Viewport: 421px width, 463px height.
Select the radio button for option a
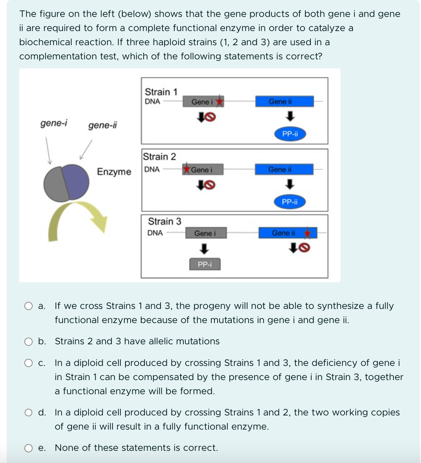tap(28, 306)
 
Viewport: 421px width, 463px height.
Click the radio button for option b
tap(28, 342)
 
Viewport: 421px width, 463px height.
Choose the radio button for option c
tap(28, 363)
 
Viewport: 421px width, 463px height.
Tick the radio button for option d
tap(28, 413)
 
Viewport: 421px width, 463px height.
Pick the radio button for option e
tap(28, 448)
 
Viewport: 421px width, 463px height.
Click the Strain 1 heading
tap(161, 92)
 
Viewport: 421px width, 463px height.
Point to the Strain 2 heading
tap(159, 156)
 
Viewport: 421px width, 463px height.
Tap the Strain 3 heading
tap(164, 221)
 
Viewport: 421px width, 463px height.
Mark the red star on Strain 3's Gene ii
tap(308, 233)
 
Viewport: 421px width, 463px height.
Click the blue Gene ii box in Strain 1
tap(284, 101)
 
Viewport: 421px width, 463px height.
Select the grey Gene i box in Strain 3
tap(205, 233)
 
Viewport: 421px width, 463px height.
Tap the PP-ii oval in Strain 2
tap(290, 202)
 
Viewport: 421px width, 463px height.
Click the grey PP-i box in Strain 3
tap(205, 265)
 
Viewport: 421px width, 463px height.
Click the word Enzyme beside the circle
tap(114, 172)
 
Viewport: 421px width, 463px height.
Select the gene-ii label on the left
tap(102, 125)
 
